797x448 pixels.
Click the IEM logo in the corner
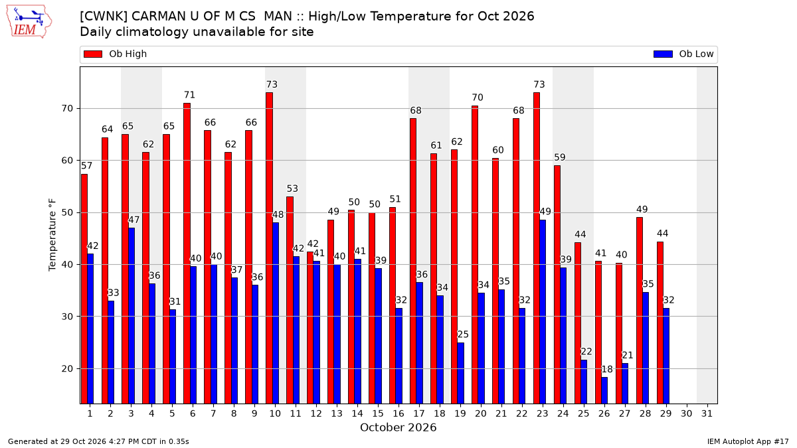[x=29, y=22]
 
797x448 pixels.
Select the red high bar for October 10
[x=270, y=248]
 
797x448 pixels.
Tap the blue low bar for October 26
[x=604, y=390]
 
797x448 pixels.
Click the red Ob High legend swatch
[x=93, y=54]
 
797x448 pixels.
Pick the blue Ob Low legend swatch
[x=663, y=54]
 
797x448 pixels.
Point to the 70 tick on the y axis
[x=67, y=108]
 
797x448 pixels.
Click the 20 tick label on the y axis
[x=67, y=369]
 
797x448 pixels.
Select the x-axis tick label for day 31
[x=707, y=414]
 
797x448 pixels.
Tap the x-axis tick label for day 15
[x=378, y=414]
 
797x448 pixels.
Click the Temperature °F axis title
[x=52, y=235]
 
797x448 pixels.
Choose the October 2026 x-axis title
[x=398, y=427]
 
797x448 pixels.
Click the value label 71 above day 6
[x=190, y=95]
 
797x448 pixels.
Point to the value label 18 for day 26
[x=607, y=370]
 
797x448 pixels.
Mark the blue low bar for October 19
[x=460, y=373]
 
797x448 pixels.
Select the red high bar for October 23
[x=537, y=248]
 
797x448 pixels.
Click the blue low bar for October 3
[x=132, y=316]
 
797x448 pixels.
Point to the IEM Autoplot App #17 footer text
[x=748, y=441]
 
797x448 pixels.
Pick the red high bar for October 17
[x=413, y=261]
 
